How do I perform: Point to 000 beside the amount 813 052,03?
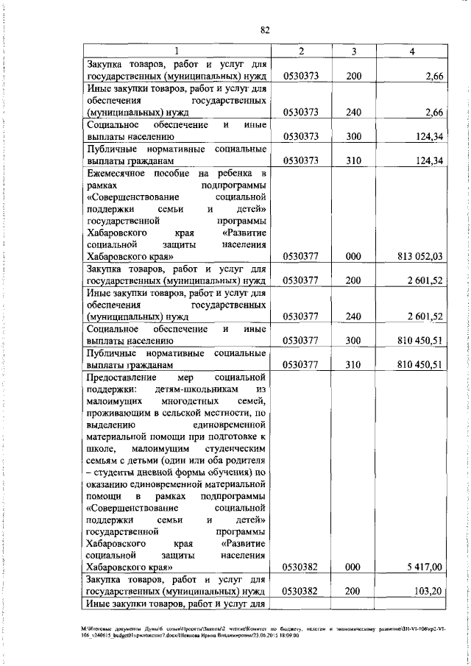tap(354, 257)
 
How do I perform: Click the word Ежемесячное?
tap(116, 173)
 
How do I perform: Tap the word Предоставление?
tap(121, 377)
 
